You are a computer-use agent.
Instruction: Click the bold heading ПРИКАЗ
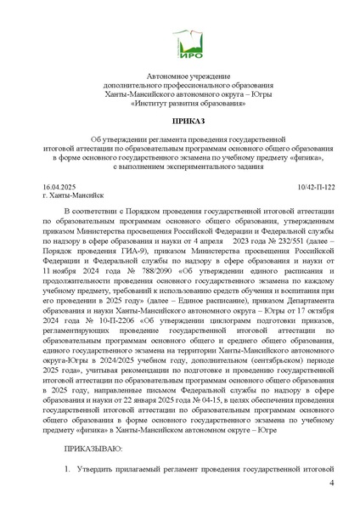coord(180,122)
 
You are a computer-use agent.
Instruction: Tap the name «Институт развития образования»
coord(180,103)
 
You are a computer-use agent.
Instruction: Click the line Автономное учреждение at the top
coord(180,75)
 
